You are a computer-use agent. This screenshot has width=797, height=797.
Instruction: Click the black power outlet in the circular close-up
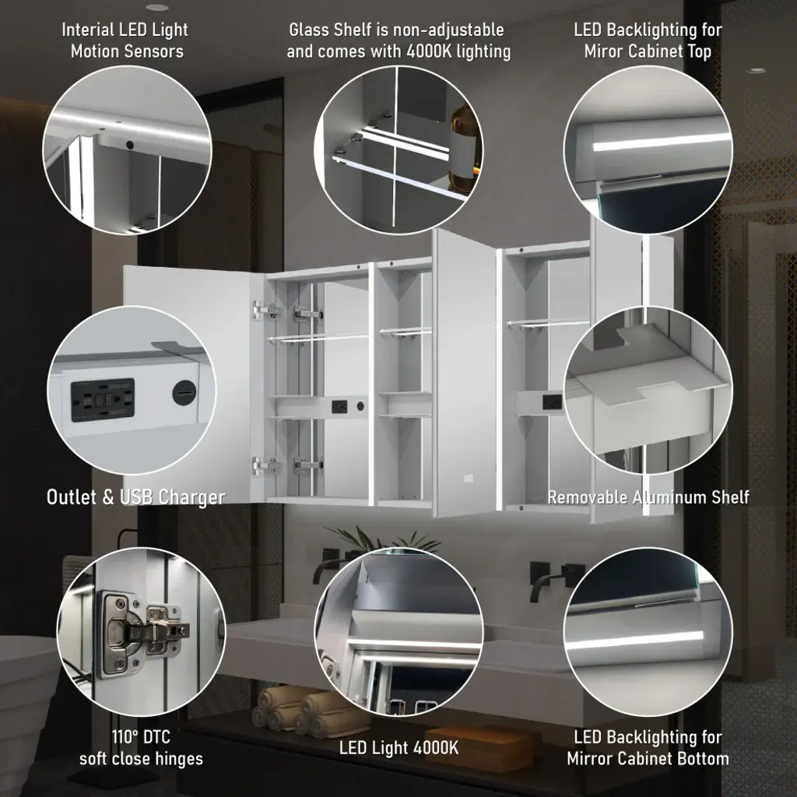click(x=103, y=399)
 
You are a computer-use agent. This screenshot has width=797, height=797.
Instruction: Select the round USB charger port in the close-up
click(x=184, y=392)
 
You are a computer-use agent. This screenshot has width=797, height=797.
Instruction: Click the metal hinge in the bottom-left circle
click(x=143, y=634)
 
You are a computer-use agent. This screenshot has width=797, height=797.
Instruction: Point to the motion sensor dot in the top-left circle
click(x=130, y=145)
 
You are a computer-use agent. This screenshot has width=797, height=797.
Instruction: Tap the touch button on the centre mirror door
click(x=468, y=478)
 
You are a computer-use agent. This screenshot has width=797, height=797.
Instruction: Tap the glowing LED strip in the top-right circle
click(x=660, y=142)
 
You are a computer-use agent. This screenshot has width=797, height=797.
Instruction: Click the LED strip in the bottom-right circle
click(x=635, y=641)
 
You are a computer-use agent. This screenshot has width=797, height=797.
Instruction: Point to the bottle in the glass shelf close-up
click(x=464, y=147)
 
